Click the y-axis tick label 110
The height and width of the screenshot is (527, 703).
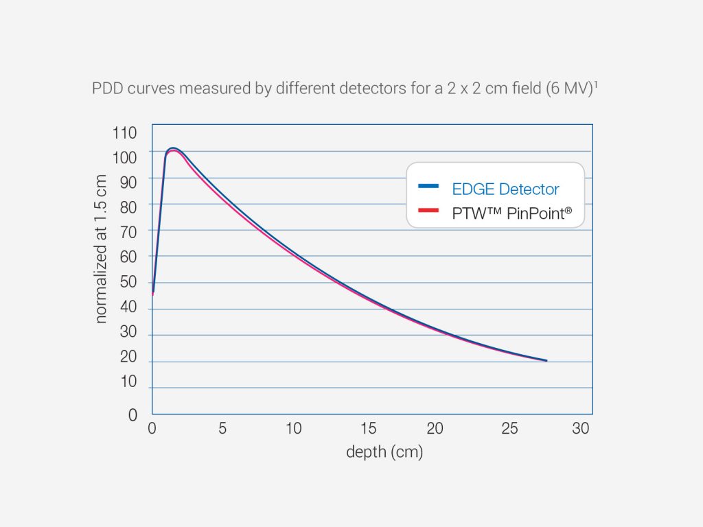coord(124,132)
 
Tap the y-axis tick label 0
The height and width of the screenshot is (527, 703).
coord(132,415)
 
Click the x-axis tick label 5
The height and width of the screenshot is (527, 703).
coord(222,429)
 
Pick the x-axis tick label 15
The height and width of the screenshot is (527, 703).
coord(369,429)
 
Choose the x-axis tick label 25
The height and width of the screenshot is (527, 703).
coord(509,429)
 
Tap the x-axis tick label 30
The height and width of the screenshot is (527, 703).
coord(581,429)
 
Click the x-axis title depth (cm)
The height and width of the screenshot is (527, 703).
coord(384,452)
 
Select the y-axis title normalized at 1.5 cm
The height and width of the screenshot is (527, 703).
coord(101,248)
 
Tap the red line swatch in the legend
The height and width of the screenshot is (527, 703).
coord(428,211)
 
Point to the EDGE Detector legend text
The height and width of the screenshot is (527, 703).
coord(505,189)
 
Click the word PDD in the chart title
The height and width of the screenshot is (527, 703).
coord(106,90)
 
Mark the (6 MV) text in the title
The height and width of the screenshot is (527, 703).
coord(569,90)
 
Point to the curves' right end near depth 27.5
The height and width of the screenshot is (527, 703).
coord(546,360)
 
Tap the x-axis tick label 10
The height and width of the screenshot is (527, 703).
coord(293,429)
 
